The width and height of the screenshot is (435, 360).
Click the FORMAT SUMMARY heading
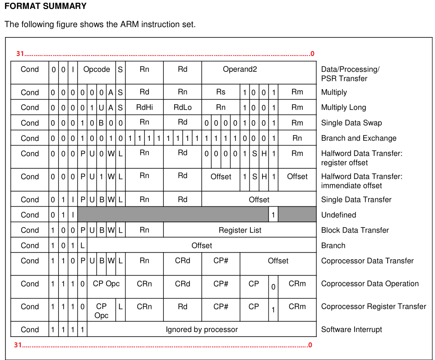(x=45, y=6)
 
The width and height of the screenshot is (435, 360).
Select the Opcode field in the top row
(x=97, y=70)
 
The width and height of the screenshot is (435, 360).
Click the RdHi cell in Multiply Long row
(x=144, y=108)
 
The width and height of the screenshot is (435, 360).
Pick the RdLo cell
(x=182, y=108)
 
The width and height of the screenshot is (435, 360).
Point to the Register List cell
(x=240, y=230)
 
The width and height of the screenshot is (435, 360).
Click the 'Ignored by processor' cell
(x=202, y=329)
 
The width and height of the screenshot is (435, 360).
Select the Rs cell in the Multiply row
(x=221, y=92)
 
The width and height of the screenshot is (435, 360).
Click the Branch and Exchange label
(x=359, y=138)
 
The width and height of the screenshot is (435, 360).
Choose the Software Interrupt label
(x=352, y=329)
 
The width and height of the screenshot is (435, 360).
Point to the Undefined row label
(x=338, y=215)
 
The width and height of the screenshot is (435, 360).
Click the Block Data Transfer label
(x=355, y=230)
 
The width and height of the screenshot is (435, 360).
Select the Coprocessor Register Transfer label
(x=374, y=306)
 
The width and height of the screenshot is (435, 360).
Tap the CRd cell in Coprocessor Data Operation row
(x=182, y=284)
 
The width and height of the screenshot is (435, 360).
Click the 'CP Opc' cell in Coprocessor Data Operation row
(x=106, y=284)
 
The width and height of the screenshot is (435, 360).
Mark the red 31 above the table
(x=20, y=54)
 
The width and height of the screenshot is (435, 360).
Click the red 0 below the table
(x=310, y=345)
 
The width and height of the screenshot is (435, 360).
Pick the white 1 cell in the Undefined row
(x=273, y=215)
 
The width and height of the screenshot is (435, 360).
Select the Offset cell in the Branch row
(x=202, y=246)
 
